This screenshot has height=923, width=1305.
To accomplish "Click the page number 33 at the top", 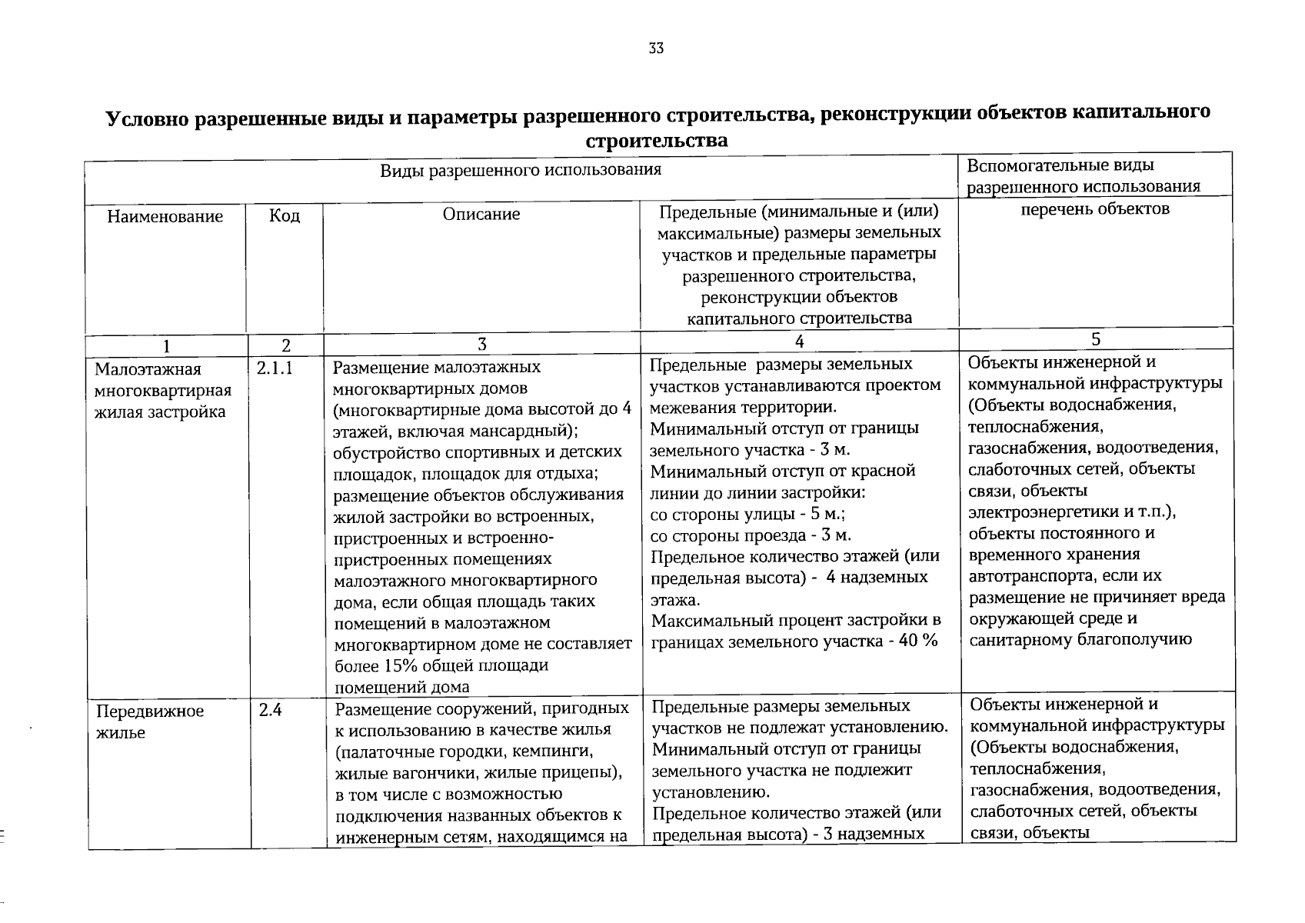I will coord(655,48).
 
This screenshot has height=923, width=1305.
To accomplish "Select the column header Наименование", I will coord(165,216).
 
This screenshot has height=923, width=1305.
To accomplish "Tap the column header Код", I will coord(285,215).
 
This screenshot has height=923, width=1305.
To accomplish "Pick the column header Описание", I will coord(481,214).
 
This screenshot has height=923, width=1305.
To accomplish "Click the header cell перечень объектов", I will coord(1095,208).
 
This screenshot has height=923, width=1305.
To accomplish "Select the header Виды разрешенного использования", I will coord(521,170).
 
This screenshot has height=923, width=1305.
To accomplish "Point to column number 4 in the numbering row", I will coord(800,340).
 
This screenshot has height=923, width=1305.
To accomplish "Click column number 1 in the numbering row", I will coord(167,346).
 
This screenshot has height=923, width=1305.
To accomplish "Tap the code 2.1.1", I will coord(275,368).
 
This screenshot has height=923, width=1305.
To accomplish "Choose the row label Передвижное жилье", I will coord(149,721).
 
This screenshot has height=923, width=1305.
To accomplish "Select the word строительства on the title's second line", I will coord(656,142).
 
